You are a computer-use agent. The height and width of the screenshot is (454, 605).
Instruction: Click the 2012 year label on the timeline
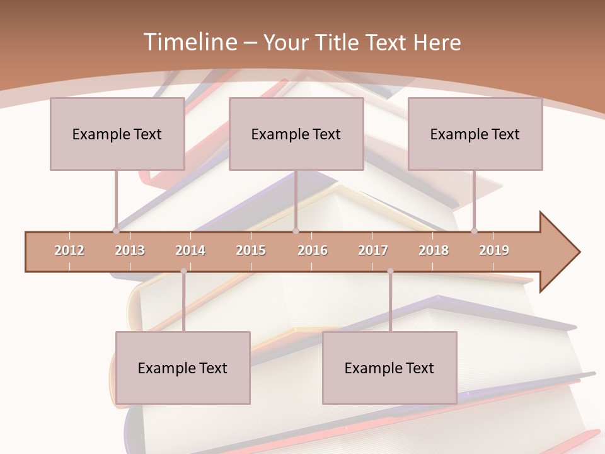coord(69,250)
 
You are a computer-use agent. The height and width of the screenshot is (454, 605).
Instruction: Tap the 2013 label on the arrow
coord(130,250)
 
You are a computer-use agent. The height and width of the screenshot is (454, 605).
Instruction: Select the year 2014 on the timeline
coord(190,250)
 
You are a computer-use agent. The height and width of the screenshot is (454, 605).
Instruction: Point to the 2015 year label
coord(251,250)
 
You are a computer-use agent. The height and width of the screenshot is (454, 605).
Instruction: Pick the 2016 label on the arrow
coord(313,250)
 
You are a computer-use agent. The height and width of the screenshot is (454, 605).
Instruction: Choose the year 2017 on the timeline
coord(373,250)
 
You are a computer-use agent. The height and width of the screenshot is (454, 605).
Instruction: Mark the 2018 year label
coord(434,250)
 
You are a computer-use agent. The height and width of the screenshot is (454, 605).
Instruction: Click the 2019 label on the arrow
coord(494,250)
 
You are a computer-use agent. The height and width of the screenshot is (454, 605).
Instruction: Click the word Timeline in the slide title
coord(189,42)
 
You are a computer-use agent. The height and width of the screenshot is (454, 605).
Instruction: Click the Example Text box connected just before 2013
coord(117,134)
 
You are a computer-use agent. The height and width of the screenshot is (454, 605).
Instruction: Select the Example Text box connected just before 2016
coord(296,134)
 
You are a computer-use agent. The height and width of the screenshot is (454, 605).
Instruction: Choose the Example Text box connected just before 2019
coord(475,134)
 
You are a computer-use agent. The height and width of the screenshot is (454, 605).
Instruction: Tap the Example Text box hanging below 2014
coord(183,368)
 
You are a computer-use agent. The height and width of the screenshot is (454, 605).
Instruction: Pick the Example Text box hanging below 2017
coord(389,368)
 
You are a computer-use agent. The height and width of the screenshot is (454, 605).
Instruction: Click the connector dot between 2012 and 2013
coord(116,231)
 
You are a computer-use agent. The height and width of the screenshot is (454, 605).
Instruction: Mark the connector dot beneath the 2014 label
coord(183,271)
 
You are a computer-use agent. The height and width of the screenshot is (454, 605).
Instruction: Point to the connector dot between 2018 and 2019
coord(474,231)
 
